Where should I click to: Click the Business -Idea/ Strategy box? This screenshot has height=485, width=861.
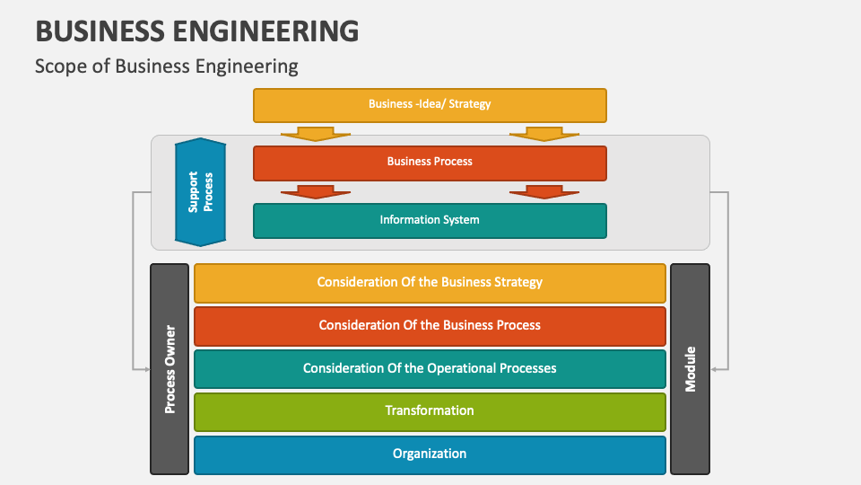tap(430, 104)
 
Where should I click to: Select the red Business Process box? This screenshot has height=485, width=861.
tap(430, 163)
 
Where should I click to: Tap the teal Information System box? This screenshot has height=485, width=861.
tap(430, 220)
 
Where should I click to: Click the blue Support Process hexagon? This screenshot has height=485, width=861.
tap(200, 192)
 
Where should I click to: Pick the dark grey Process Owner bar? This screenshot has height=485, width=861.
tap(170, 368)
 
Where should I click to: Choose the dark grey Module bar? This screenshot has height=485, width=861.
tap(690, 368)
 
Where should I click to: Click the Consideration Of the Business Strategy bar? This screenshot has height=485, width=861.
tap(430, 282)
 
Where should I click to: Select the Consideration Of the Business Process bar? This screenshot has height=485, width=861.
tap(430, 325)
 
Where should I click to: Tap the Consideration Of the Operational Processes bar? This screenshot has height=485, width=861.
tap(430, 368)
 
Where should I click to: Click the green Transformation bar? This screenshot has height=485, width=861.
tap(430, 411)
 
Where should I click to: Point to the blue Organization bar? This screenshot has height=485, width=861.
tap(430, 454)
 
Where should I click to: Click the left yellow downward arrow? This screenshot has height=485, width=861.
tap(315, 134)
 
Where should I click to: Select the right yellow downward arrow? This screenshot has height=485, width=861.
tap(544, 134)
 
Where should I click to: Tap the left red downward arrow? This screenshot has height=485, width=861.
tap(315, 191)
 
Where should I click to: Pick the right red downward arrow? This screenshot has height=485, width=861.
tap(544, 191)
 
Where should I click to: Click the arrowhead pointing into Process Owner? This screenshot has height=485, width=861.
tap(144, 368)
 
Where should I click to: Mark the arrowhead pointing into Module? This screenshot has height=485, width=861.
tap(715, 368)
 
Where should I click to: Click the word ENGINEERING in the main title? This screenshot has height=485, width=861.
tap(259, 31)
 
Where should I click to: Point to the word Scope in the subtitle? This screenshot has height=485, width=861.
tap(56, 66)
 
